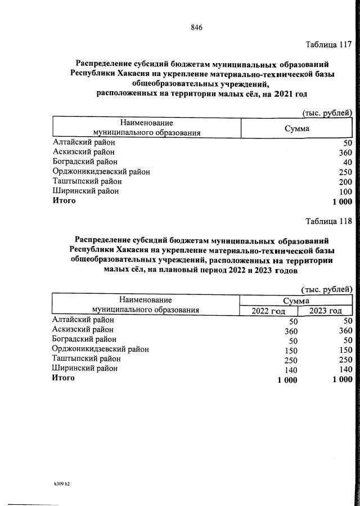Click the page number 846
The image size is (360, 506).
196,28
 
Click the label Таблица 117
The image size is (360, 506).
328,44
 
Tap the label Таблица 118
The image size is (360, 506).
328,221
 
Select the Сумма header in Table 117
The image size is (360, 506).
296,128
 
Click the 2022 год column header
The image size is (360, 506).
268,311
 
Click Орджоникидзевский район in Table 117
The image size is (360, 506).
101,172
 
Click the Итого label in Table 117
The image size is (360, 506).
64,201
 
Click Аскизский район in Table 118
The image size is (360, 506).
83,329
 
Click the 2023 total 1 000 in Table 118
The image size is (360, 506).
341,379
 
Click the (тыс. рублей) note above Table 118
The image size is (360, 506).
327,289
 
